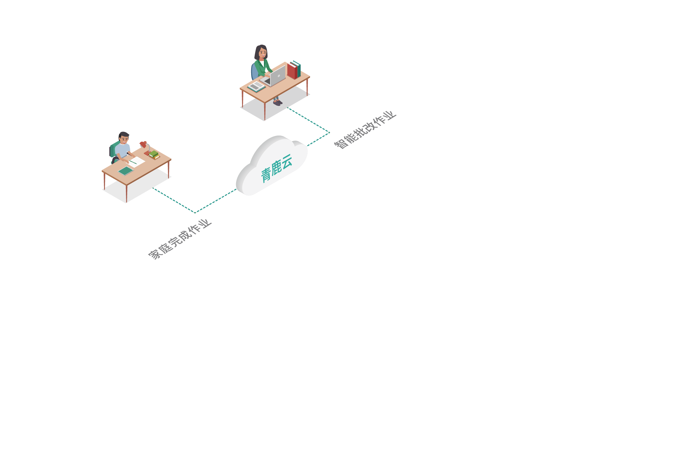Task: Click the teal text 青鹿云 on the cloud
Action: (276, 168)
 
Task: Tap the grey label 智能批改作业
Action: (365, 130)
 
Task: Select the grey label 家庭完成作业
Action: (180, 239)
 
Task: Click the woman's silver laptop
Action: (273, 77)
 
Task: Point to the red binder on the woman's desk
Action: (292, 71)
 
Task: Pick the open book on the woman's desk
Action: (256, 86)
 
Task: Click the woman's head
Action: (262, 52)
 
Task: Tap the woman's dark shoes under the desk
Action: (278, 103)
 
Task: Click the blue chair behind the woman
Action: (254, 72)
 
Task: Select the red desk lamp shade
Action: (143, 144)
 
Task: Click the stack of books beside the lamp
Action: (154, 155)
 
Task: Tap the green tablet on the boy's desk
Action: (126, 171)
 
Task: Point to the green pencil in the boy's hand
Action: (133, 162)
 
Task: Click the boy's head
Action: (124, 138)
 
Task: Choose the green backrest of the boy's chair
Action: (114, 149)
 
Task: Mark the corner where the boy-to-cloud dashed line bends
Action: (195, 213)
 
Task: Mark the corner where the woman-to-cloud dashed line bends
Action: (329, 133)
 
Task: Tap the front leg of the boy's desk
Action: (127, 194)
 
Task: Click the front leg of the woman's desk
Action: (265, 111)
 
